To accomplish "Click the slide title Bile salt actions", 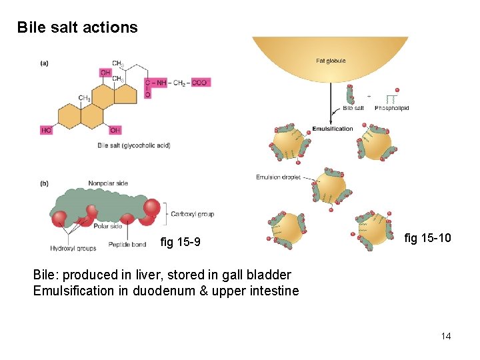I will [x=77, y=27].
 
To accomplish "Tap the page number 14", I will [x=445, y=336].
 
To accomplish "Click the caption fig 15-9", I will [x=180, y=241].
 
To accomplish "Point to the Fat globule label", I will [x=331, y=61].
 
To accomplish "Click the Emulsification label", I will [x=333, y=129].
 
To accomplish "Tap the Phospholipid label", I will [x=392, y=108].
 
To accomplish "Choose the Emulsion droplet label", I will [x=278, y=177].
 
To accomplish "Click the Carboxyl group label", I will [x=192, y=214].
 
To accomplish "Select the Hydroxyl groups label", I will [x=73, y=248].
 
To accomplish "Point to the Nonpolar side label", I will [x=108, y=183].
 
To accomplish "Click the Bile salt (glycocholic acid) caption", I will [x=134, y=145].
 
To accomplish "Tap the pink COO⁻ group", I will [x=201, y=83].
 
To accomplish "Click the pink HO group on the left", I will [x=46, y=131].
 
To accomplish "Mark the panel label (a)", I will [x=44, y=63].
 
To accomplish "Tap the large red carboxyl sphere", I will [x=152, y=208].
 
